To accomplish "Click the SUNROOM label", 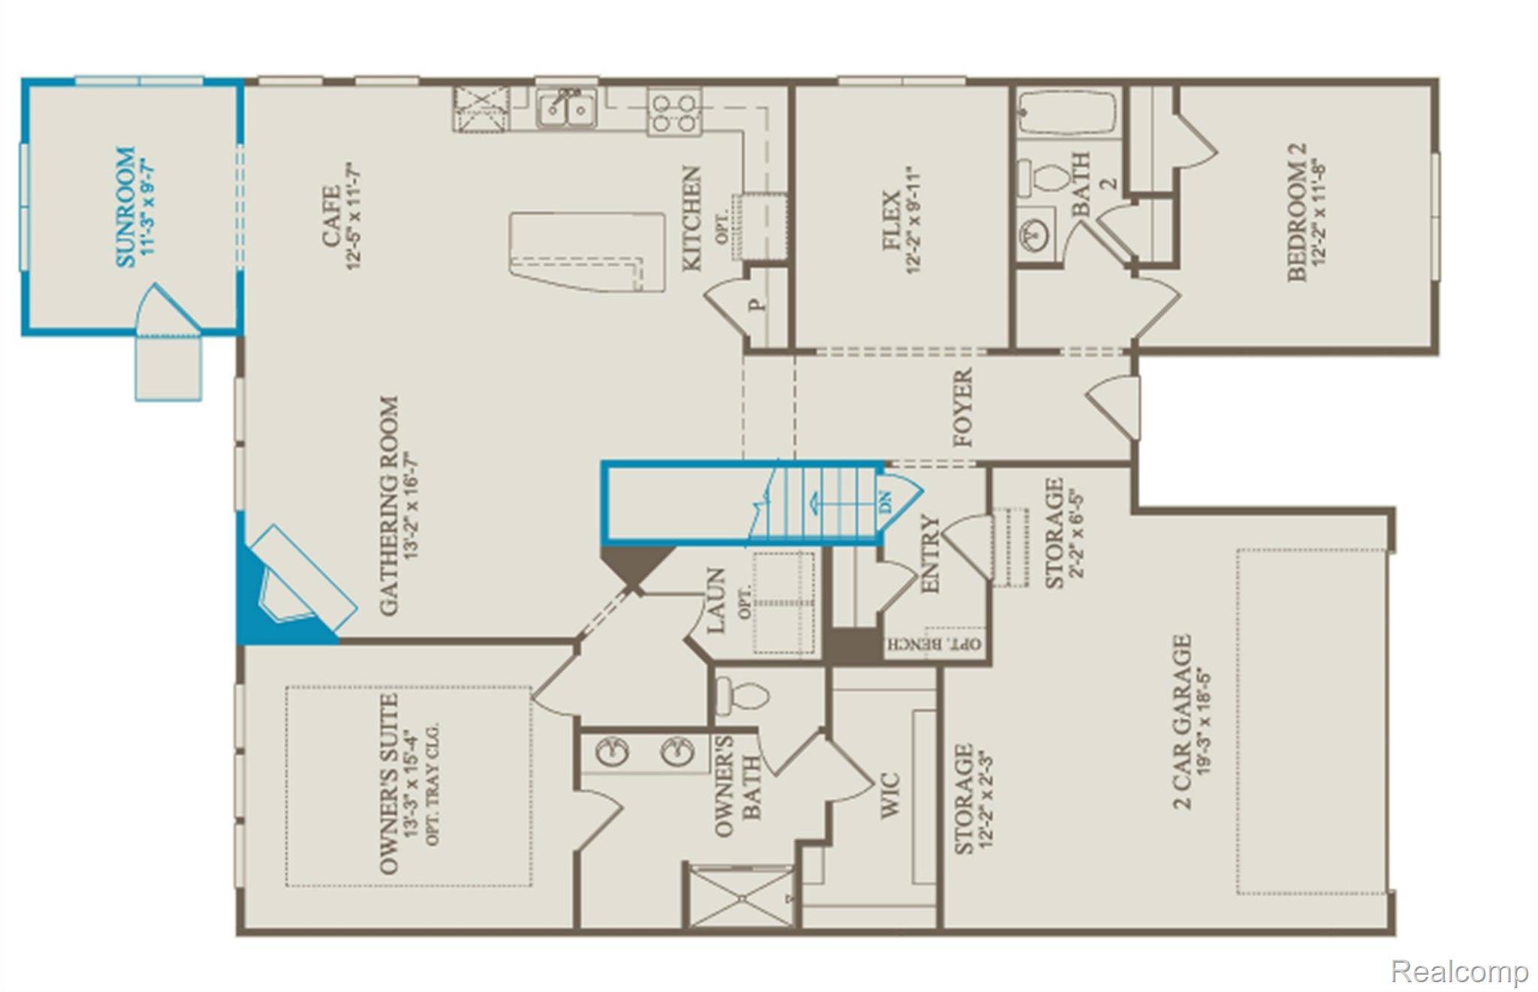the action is pyautogui.click(x=127, y=207).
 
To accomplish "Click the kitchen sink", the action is pyautogui.click(x=567, y=109).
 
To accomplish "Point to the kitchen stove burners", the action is pyautogui.click(x=674, y=112).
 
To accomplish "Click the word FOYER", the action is pyautogui.click(x=962, y=407).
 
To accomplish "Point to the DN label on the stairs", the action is pyautogui.click(x=885, y=501).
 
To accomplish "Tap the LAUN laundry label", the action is pyautogui.click(x=716, y=600).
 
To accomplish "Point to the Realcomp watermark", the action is pyautogui.click(x=1459, y=972).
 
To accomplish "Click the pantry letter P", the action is pyautogui.click(x=760, y=305).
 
